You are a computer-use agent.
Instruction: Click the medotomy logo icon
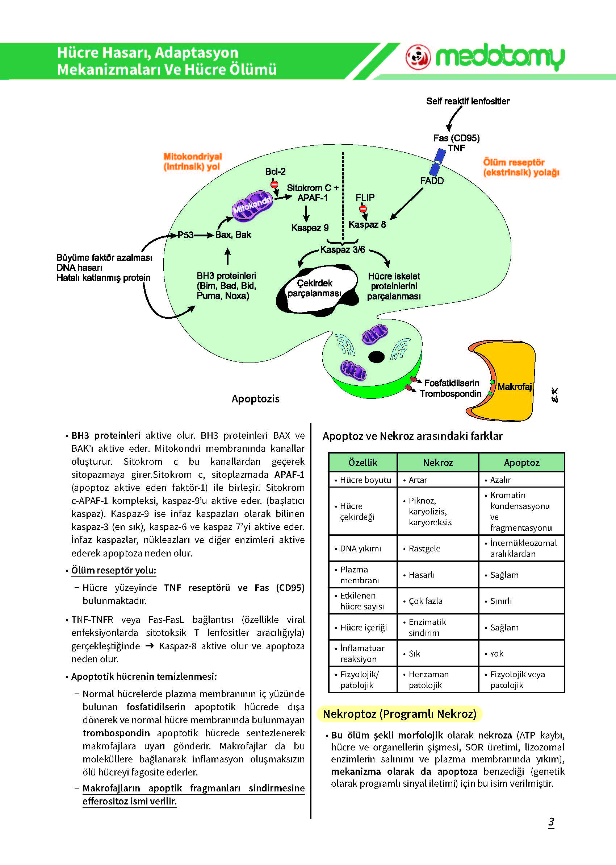tap(418, 57)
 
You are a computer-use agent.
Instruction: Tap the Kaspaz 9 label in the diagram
tap(310, 228)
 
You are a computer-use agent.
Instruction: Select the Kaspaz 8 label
tap(367, 224)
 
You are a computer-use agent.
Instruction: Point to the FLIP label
tap(365, 198)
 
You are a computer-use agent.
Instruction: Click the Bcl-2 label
tap(275, 171)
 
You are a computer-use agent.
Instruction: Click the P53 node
tap(185, 235)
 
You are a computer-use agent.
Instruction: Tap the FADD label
tap(432, 181)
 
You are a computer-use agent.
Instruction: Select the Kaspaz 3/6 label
tap(343, 249)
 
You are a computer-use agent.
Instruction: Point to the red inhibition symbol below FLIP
tap(363, 208)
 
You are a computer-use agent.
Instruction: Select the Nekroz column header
tap(438, 463)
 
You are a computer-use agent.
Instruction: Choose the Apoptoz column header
tap(521, 463)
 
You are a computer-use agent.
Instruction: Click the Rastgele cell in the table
tap(424, 548)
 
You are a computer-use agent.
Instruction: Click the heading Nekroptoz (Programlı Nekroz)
tap(399, 714)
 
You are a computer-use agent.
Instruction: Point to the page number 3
tap(551, 822)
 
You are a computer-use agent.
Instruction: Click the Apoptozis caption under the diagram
tap(255, 399)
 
